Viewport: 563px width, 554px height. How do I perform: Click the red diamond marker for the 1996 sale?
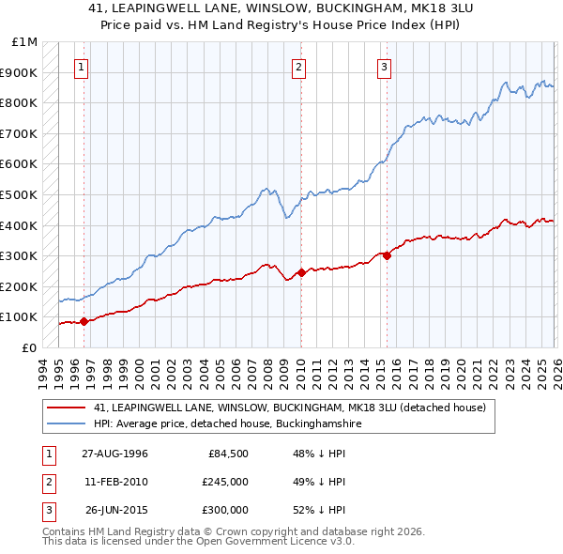coord(84,321)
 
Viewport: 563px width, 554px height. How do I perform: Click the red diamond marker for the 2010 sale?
coord(301,272)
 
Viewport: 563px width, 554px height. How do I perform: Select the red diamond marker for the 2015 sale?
coord(387,255)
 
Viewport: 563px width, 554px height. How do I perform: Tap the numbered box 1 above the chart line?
coord(82,67)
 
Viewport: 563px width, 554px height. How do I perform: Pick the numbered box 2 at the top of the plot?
coord(298,67)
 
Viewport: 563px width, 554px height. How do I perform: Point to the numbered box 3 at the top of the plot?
coord(385,67)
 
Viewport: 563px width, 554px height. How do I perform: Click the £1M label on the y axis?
coord(25,42)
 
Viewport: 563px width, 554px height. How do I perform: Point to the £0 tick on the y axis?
coord(28,347)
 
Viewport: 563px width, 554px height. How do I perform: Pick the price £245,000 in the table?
coord(225,482)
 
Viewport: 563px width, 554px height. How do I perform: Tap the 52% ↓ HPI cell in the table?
coord(319,510)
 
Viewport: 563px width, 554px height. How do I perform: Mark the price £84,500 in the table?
coord(228,454)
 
